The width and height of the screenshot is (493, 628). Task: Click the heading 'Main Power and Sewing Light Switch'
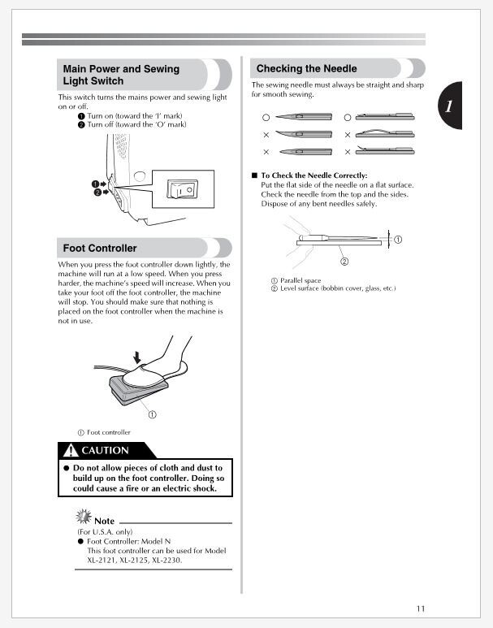point(121,75)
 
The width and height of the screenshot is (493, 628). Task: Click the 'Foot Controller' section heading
point(100,248)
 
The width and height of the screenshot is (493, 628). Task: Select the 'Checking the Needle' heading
point(306,68)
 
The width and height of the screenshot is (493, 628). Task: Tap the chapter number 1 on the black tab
point(448,106)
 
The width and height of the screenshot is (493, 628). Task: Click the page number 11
point(420,609)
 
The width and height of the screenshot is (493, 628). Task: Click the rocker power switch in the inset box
point(179,189)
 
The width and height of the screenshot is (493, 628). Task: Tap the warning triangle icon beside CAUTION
point(72,450)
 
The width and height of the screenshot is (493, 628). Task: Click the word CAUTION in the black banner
point(105,450)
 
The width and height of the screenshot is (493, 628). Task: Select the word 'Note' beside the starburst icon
point(104,520)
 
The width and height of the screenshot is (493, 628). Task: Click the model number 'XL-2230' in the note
point(165,560)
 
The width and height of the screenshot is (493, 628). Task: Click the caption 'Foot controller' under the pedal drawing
point(108,432)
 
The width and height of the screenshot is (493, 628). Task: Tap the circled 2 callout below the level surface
point(344,262)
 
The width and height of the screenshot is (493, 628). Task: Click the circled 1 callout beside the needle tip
point(398,239)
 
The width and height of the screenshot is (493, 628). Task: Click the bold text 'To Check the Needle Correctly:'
point(314,175)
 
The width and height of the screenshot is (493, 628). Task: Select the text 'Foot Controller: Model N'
point(128,541)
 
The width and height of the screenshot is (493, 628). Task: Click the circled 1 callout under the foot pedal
point(152,413)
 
